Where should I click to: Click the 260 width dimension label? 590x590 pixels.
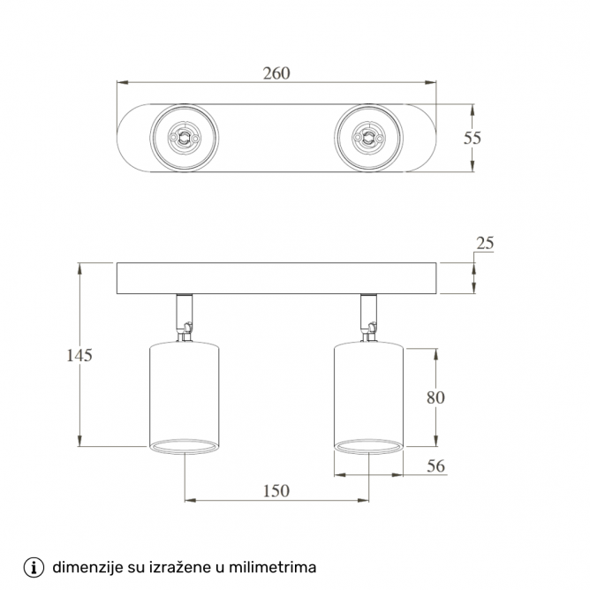(x=276, y=73)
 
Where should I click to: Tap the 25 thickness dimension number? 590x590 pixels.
(x=484, y=243)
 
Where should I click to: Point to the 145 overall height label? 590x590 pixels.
(x=79, y=355)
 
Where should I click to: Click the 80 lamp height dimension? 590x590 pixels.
(x=435, y=397)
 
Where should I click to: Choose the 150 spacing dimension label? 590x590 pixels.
(x=276, y=491)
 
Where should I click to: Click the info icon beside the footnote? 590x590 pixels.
(x=34, y=566)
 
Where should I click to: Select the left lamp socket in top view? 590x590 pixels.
(x=184, y=137)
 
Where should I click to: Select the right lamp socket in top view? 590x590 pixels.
(x=368, y=137)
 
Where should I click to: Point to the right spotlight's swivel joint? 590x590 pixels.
(x=368, y=329)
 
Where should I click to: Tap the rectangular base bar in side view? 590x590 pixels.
(x=276, y=278)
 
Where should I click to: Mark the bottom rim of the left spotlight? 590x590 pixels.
(x=184, y=447)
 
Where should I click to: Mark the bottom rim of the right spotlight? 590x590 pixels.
(x=368, y=447)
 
